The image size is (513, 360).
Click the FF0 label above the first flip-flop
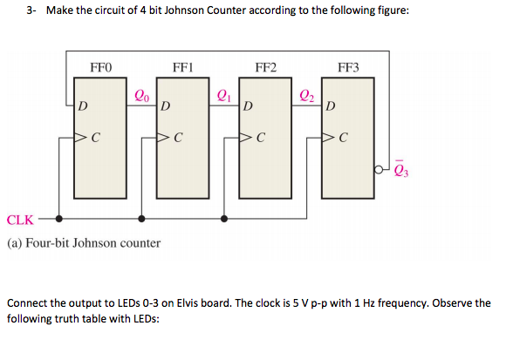pyautogui.click(x=101, y=66)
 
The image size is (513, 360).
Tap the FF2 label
pyautogui.click(x=266, y=66)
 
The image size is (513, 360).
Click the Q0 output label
pyautogui.click(x=141, y=96)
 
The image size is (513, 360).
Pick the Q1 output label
pyautogui.click(x=223, y=96)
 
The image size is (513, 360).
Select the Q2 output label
pyautogui.click(x=306, y=96)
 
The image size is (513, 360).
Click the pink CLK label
pyautogui.click(x=21, y=219)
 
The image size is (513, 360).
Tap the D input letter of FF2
pyautogui.click(x=249, y=107)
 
